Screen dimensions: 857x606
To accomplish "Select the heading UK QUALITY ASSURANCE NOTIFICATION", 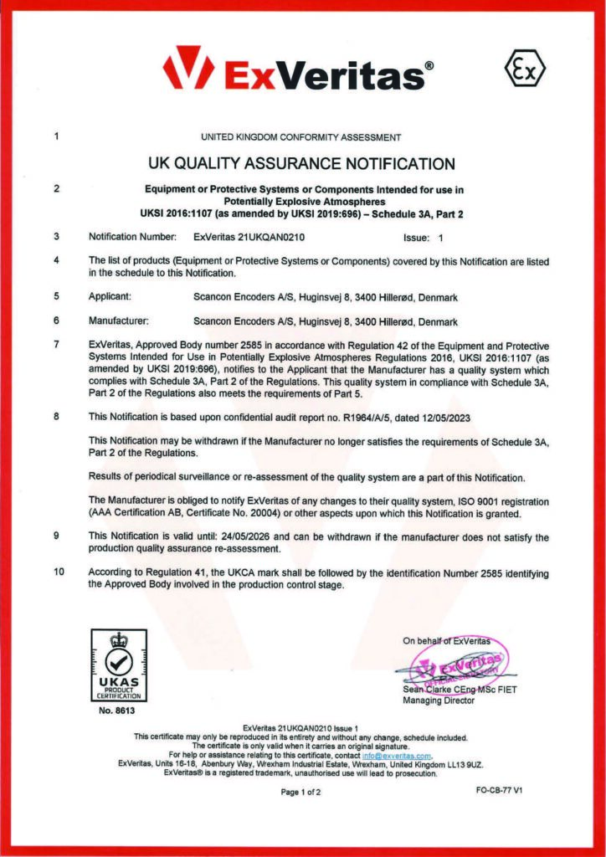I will pyautogui.click(x=301, y=163).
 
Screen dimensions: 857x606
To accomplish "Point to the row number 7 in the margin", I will pyautogui.click(x=55, y=344).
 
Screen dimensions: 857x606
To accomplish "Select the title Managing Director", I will pyautogui.click(x=439, y=700).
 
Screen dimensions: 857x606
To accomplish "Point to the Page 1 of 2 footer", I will pyautogui.click(x=301, y=792).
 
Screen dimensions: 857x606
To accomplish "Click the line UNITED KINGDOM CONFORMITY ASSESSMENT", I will pyautogui.click(x=301, y=136).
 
